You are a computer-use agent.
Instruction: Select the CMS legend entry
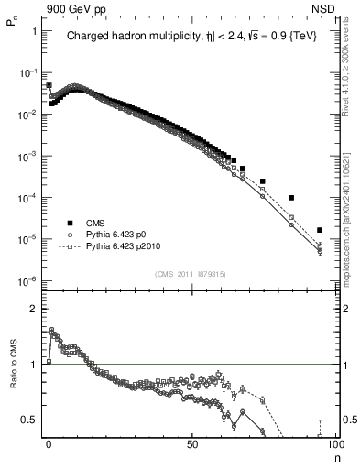[96, 223]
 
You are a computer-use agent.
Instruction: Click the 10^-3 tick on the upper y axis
[28, 156]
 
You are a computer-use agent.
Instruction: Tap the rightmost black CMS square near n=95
[320, 230]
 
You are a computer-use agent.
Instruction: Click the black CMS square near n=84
[291, 198]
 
